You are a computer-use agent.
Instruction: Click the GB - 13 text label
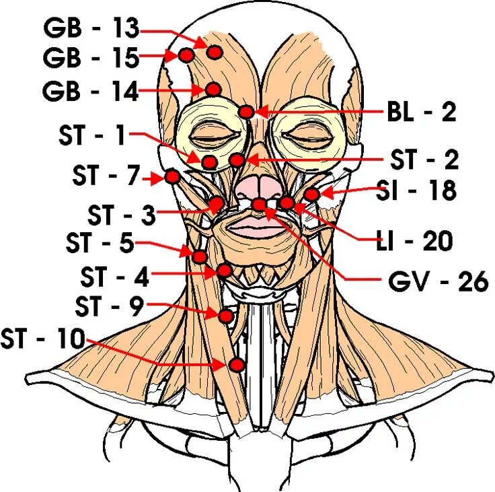click(91, 28)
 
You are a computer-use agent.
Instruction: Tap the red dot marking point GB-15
click(186, 55)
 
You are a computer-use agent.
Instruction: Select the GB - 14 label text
click(91, 90)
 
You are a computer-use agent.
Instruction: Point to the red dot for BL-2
click(246, 112)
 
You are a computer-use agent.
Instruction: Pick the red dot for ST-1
click(209, 162)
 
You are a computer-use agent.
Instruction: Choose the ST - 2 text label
click(424, 160)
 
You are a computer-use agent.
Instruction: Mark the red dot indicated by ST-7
click(172, 177)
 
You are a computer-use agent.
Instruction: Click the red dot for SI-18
click(311, 195)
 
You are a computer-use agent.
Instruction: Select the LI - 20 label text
click(414, 240)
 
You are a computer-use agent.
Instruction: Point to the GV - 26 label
click(438, 281)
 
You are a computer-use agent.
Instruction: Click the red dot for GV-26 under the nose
click(259, 204)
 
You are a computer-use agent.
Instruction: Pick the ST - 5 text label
click(100, 243)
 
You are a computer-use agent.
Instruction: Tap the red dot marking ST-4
click(224, 271)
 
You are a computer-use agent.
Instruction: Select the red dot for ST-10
click(237, 365)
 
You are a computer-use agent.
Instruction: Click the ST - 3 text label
click(121, 216)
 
